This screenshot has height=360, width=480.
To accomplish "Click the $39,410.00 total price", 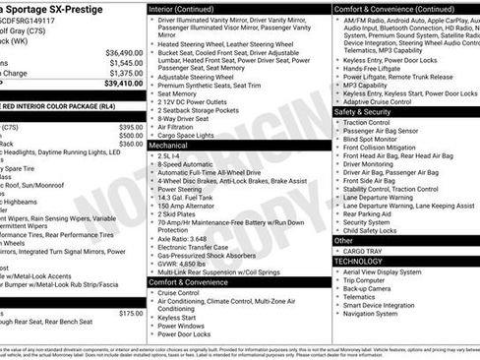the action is pyautogui.click(x=124, y=83).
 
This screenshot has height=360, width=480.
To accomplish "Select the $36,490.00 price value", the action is pyautogui.click(x=124, y=52).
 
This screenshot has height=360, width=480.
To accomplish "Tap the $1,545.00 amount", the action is pyautogui.click(x=126, y=63).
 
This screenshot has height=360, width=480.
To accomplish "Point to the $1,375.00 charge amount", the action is pyautogui.click(x=126, y=73).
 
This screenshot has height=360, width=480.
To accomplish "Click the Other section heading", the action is pyautogui.click(x=343, y=240).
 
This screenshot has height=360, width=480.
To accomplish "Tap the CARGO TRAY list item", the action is pyautogui.click(x=364, y=251).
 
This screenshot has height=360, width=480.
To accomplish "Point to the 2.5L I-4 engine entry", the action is pyautogui.click(x=170, y=155).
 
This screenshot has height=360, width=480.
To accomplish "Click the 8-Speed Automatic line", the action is pyautogui.click(x=189, y=165).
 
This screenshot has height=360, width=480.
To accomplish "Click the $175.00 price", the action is pyautogui.click(x=131, y=313).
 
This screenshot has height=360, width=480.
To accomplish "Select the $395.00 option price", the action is pyautogui.click(x=131, y=127).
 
